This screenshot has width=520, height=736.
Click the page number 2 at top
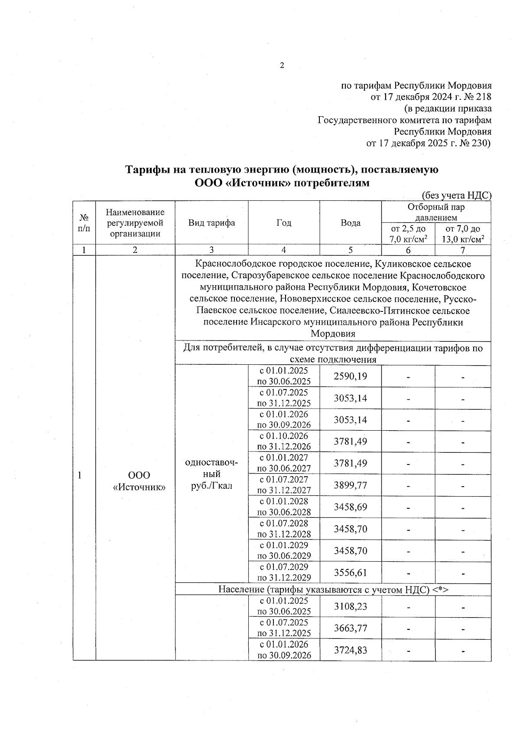(282, 66)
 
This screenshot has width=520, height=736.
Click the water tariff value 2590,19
(350, 376)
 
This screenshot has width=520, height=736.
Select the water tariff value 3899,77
(350, 485)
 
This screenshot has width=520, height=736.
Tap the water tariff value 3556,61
(350, 572)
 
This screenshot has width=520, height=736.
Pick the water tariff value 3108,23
(350, 606)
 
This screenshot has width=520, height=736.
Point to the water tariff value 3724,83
(350, 650)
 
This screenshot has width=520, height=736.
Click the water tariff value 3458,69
(350, 507)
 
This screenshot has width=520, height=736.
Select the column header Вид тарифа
(211, 223)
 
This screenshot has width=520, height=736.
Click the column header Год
(284, 223)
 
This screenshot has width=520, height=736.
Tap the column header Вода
(350, 223)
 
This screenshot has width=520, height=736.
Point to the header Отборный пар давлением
(435, 212)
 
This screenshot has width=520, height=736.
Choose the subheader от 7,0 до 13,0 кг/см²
(462, 234)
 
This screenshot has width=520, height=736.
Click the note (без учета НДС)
(456, 196)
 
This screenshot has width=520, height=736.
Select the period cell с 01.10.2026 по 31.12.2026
(284, 441)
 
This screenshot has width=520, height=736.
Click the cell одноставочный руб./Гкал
(211, 474)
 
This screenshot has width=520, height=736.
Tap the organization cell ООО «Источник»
(139, 481)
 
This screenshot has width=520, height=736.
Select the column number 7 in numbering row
(462, 250)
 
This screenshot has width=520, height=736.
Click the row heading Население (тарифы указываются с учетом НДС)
(333, 589)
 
